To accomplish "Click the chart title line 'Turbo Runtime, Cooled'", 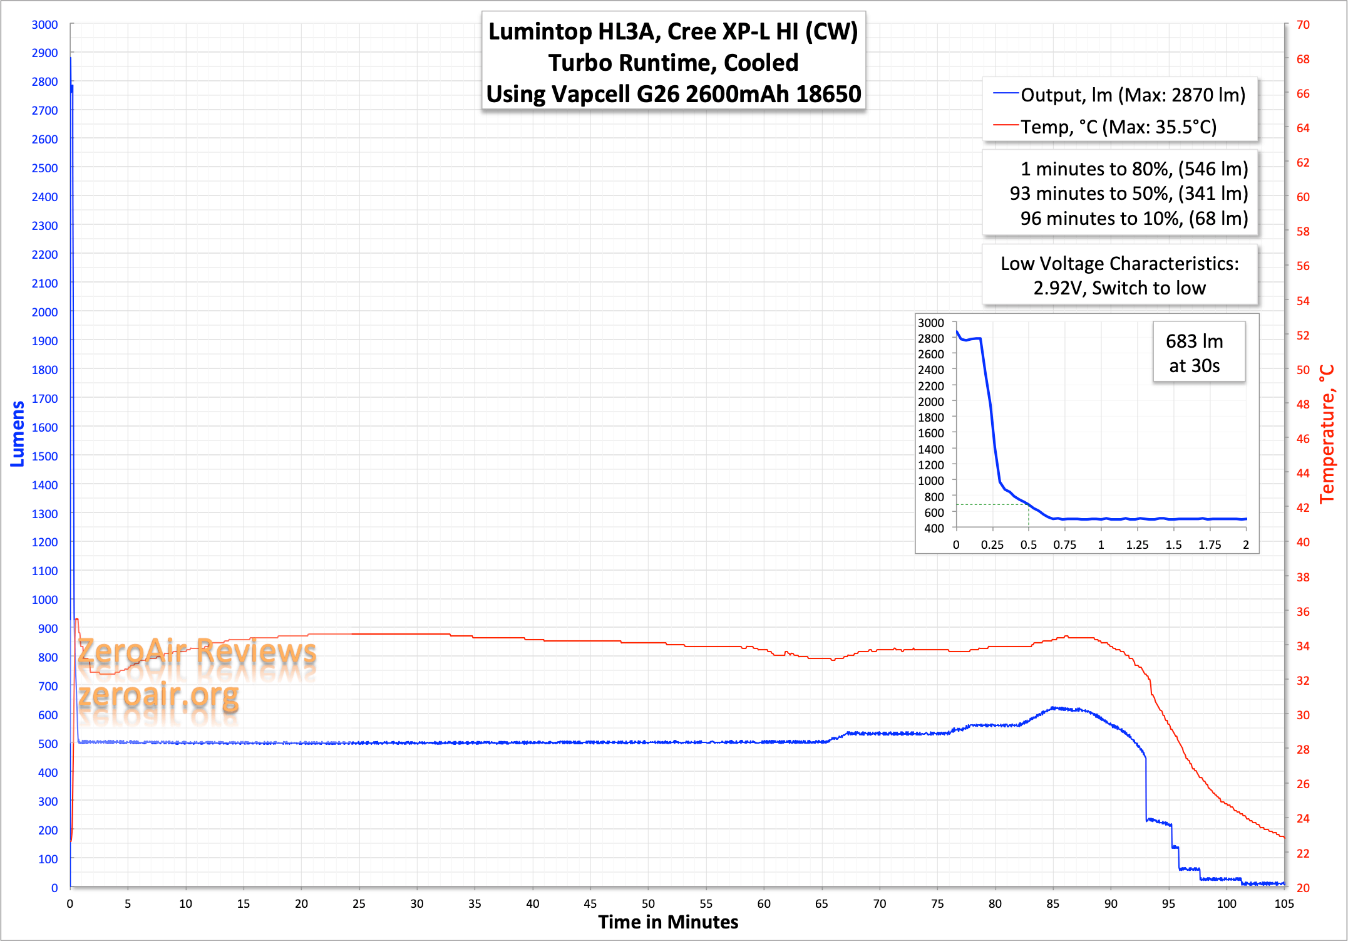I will pyautogui.click(x=673, y=63).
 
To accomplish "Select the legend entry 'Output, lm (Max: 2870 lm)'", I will pyautogui.click(x=1132, y=95).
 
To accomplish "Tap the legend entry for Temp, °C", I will pyautogui.click(x=1118, y=127).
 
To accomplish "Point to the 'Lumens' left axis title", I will pyautogui.click(x=18, y=434).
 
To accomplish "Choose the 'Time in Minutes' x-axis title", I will pyautogui.click(x=668, y=922).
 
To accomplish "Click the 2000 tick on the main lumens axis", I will pyautogui.click(x=44, y=312).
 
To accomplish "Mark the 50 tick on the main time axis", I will pyautogui.click(x=648, y=903).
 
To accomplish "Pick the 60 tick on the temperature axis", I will pyautogui.click(x=1303, y=197).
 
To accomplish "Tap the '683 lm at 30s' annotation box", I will pyautogui.click(x=1194, y=353).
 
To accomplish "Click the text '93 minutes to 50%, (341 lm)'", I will pyautogui.click(x=1128, y=193).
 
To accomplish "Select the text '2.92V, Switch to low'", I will pyautogui.click(x=1119, y=288).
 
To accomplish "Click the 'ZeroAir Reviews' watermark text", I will pyautogui.click(x=197, y=651).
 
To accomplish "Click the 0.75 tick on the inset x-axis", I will pyautogui.click(x=1064, y=544).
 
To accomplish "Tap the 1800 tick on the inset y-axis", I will pyautogui.click(x=930, y=417).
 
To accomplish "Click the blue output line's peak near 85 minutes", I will pyautogui.click(x=1054, y=708).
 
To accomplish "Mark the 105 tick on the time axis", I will pyautogui.click(x=1284, y=903).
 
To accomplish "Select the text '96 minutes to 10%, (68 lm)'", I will pyautogui.click(x=1134, y=218).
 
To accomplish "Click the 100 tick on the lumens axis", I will pyautogui.click(x=48, y=859).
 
